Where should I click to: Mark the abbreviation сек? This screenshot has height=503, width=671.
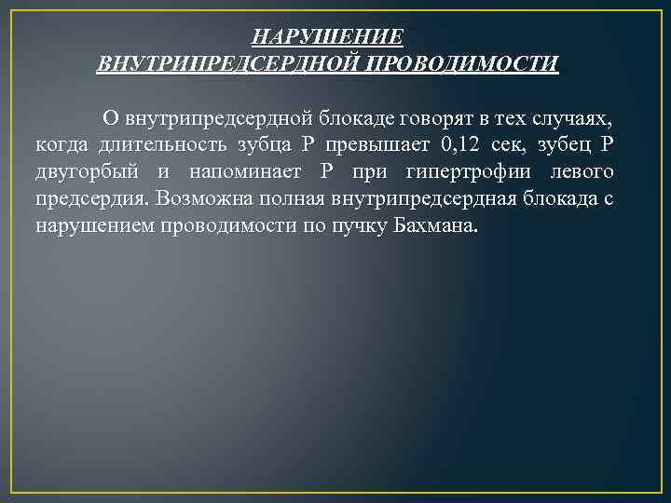514,145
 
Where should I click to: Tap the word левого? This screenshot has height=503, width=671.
582,172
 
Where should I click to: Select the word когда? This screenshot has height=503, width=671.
62,145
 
